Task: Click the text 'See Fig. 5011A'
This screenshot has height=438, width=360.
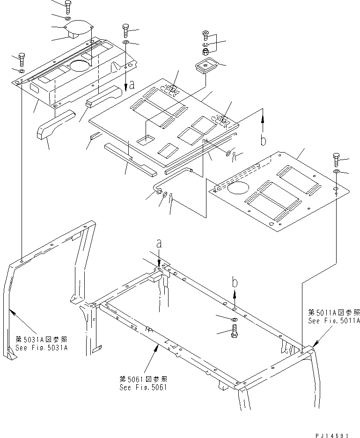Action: (334, 321)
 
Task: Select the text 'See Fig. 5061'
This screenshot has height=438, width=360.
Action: (143, 387)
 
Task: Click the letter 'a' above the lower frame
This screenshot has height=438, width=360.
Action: (159, 243)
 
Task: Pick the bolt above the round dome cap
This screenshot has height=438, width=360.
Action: (67, 6)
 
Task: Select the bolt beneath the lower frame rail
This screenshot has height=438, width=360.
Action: (234, 333)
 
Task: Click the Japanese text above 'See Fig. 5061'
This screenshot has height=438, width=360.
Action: (143, 379)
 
